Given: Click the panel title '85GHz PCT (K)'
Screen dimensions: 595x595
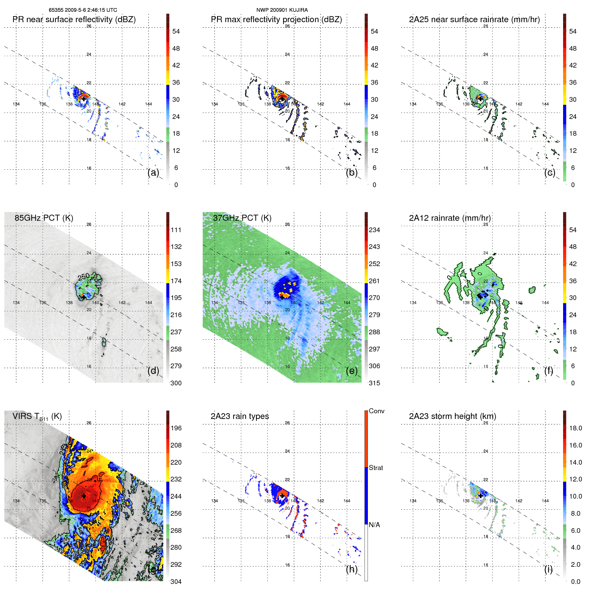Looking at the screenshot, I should pos(44,218).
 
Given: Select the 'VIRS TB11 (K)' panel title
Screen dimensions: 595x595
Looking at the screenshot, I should pos(37,416).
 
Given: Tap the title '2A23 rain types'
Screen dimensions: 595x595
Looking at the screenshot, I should pos(240,416).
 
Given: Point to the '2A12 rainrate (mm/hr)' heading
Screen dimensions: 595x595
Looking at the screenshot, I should pos(450,218).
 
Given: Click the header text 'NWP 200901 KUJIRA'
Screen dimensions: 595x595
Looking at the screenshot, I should pos(282,10).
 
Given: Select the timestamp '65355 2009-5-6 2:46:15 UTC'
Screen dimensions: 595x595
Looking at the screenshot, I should pos(83,10).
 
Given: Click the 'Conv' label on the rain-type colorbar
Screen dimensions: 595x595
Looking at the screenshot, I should pos(376,411).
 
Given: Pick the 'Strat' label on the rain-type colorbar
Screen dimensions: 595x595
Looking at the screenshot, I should pos(376,468).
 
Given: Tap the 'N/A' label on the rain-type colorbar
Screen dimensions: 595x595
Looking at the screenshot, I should pos(374,525).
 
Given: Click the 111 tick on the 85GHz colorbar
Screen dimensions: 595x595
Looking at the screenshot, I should pos(176,230).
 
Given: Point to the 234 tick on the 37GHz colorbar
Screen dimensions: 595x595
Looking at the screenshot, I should pos(374,230).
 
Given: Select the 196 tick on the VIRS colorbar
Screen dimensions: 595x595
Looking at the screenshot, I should pos(176,428).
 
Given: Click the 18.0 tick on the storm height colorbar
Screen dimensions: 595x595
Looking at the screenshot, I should pos(575,428).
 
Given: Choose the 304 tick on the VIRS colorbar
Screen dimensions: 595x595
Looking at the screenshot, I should pos(176,582).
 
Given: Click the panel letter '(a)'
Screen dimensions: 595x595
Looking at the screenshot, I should pos(153,172).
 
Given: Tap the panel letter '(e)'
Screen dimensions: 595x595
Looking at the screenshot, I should pos(352,371).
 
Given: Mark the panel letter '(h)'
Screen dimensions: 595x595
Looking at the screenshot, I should pos(352,569).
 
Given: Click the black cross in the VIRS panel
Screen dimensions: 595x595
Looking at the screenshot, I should pos(84,496).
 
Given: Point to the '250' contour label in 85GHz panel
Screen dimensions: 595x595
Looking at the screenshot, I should pos(84,277).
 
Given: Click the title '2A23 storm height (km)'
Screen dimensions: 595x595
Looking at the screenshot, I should pos(452,416).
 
